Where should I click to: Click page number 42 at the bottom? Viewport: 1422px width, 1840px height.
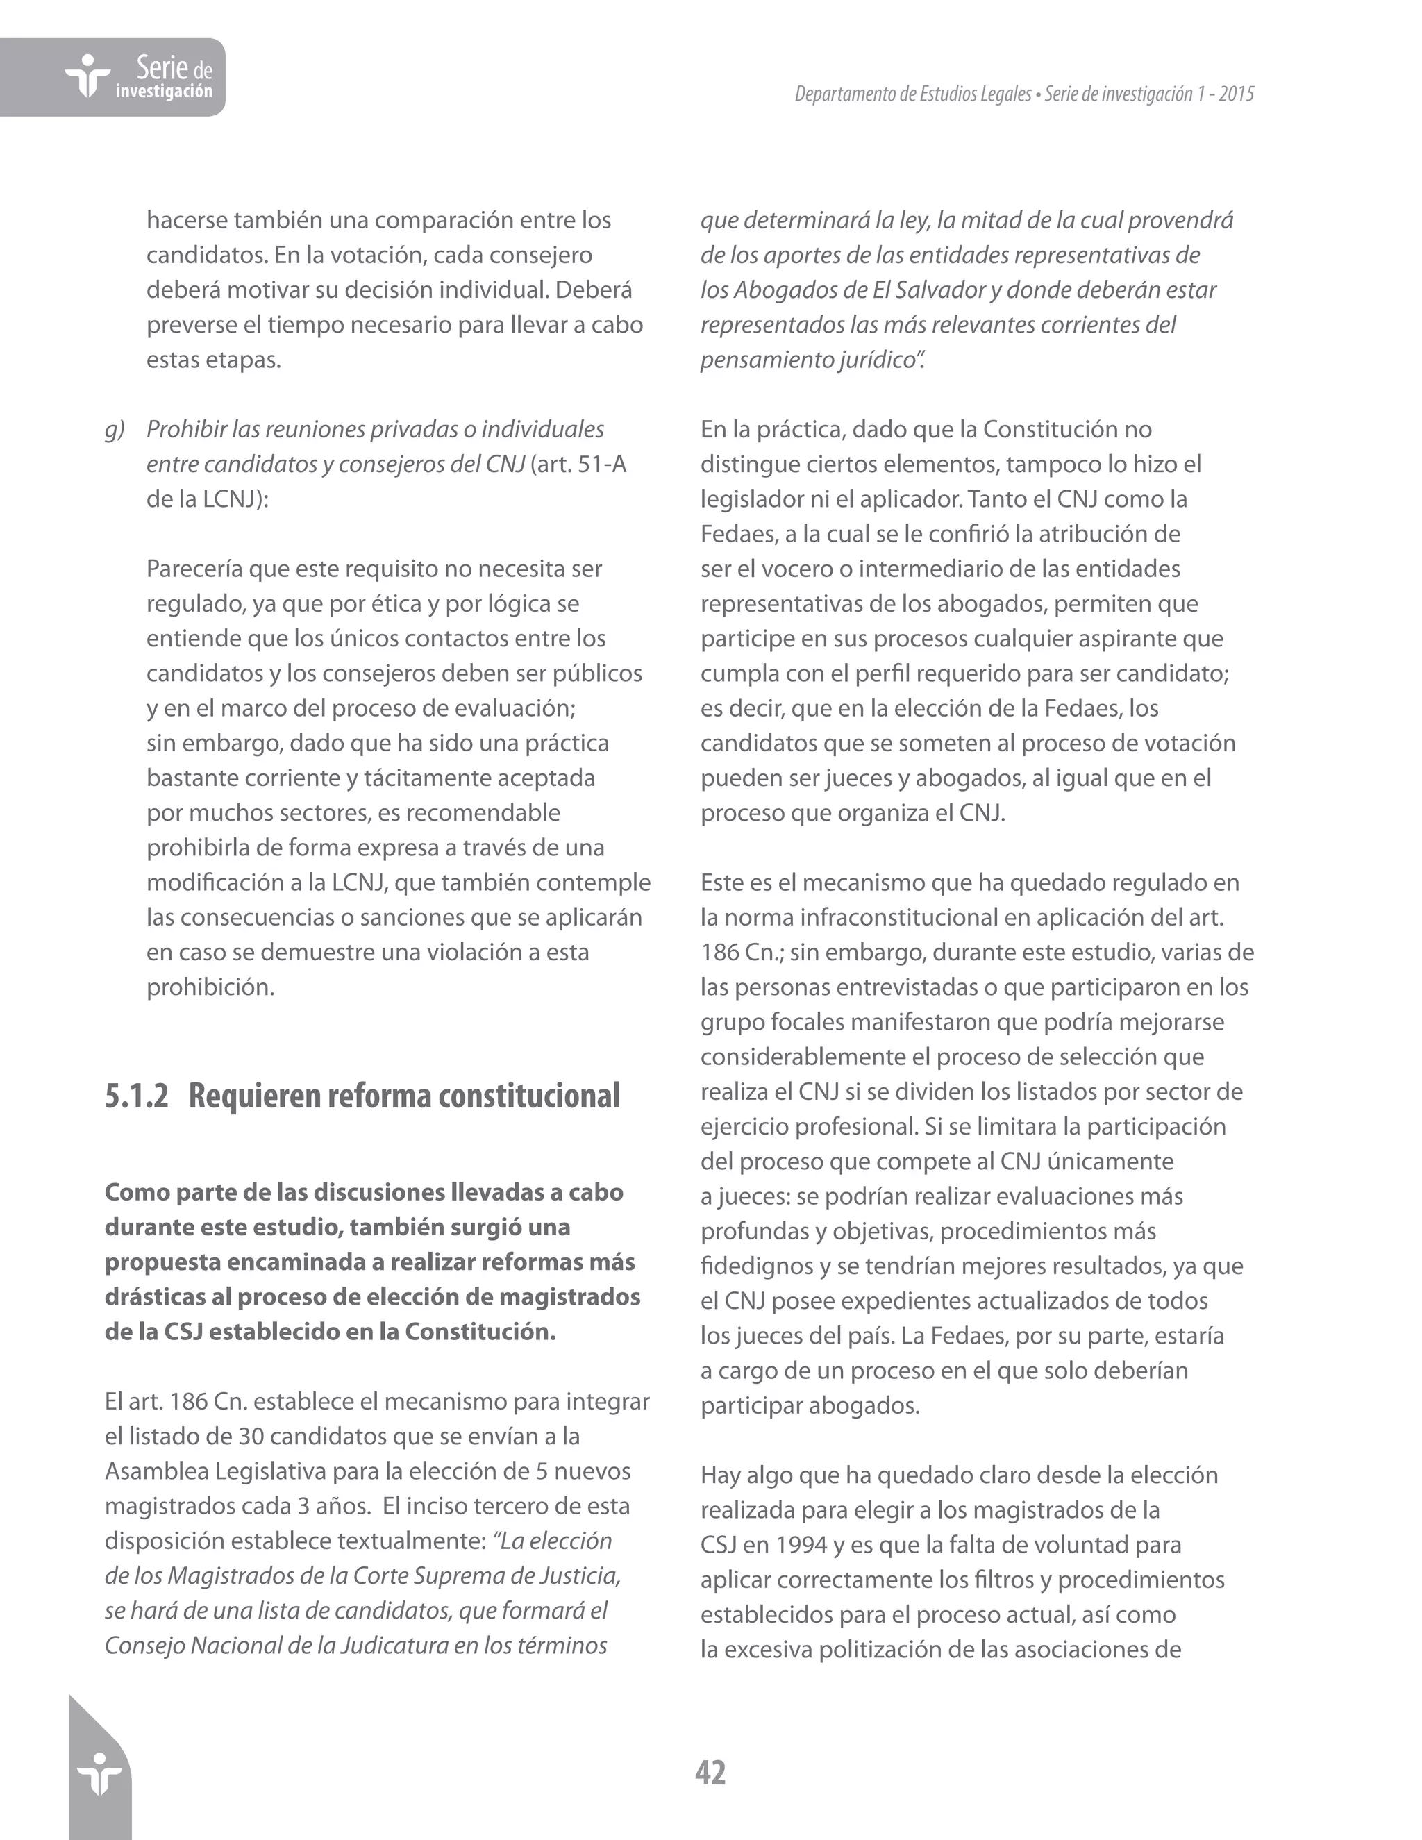[710, 1773]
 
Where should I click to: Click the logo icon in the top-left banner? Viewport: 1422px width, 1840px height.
[87, 76]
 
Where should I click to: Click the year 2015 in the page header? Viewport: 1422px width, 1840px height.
[1236, 94]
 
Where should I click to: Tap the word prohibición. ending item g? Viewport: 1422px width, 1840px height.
[210, 987]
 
